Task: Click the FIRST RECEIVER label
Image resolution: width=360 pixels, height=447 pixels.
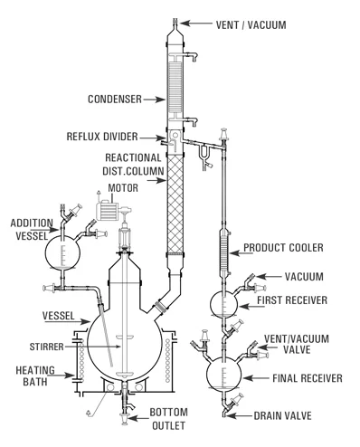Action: point(299,298)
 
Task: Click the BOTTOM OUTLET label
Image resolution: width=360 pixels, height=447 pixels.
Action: point(171,417)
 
